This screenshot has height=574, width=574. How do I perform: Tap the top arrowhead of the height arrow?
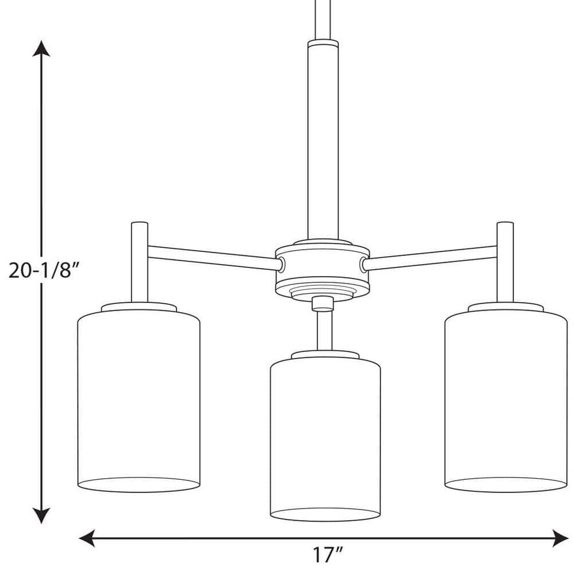[x=39, y=49]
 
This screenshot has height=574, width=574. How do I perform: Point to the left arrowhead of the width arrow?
[x=86, y=538]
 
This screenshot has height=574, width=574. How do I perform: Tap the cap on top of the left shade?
[x=138, y=307]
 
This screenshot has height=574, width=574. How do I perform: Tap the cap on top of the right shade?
[x=505, y=307]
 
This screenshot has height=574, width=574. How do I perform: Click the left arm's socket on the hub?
[x=281, y=247]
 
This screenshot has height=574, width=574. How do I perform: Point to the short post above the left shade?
[x=138, y=261]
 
